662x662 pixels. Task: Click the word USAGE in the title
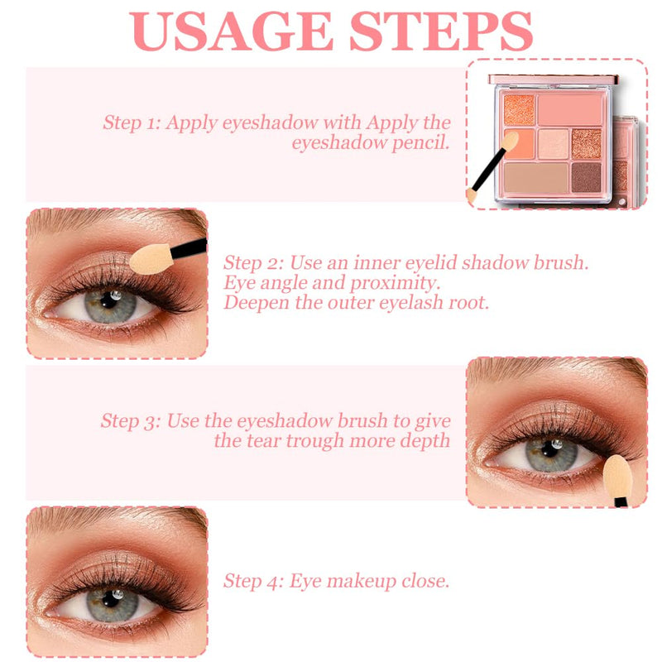(232, 31)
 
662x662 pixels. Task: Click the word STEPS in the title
(441, 31)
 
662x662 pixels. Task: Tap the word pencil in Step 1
(420, 143)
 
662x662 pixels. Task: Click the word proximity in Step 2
(396, 283)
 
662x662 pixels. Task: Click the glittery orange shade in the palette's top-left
(519, 109)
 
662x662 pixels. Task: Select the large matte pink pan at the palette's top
(570, 109)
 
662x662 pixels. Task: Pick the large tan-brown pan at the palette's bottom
(536, 178)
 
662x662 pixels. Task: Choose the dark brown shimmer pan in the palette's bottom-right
(587, 178)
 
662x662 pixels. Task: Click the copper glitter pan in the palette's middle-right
(587, 143)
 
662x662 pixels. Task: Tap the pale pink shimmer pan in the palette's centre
(553, 143)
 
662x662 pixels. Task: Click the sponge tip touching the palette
(510, 142)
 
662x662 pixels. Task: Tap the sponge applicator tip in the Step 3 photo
(617, 476)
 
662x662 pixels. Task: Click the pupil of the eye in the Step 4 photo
(111, 598)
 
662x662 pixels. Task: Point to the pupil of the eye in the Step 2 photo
(108, 300)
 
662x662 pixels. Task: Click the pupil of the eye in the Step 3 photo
(549, 449)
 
